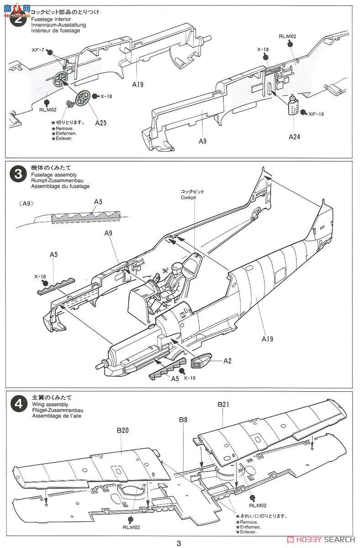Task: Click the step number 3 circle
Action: (18, 174)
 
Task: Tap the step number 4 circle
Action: (19, 404)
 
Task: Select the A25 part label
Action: (101, 123)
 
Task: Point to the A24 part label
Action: (294, 137)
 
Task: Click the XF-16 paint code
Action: (316, 114)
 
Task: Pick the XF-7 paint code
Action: (38, 50)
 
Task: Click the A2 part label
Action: (228, 361)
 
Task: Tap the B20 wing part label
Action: (122, 430)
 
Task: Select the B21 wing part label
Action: (223, 405)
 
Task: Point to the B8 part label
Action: (183, 420)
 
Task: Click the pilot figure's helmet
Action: (177, 267)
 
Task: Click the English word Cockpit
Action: (188, 197)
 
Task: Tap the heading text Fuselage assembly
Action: (54, 175)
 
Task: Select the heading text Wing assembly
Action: (50, 405)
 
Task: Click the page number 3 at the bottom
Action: (179, 542)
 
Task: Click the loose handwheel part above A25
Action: (83, 98)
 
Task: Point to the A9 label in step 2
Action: (203, 141)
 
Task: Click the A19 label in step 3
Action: (267, 339)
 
